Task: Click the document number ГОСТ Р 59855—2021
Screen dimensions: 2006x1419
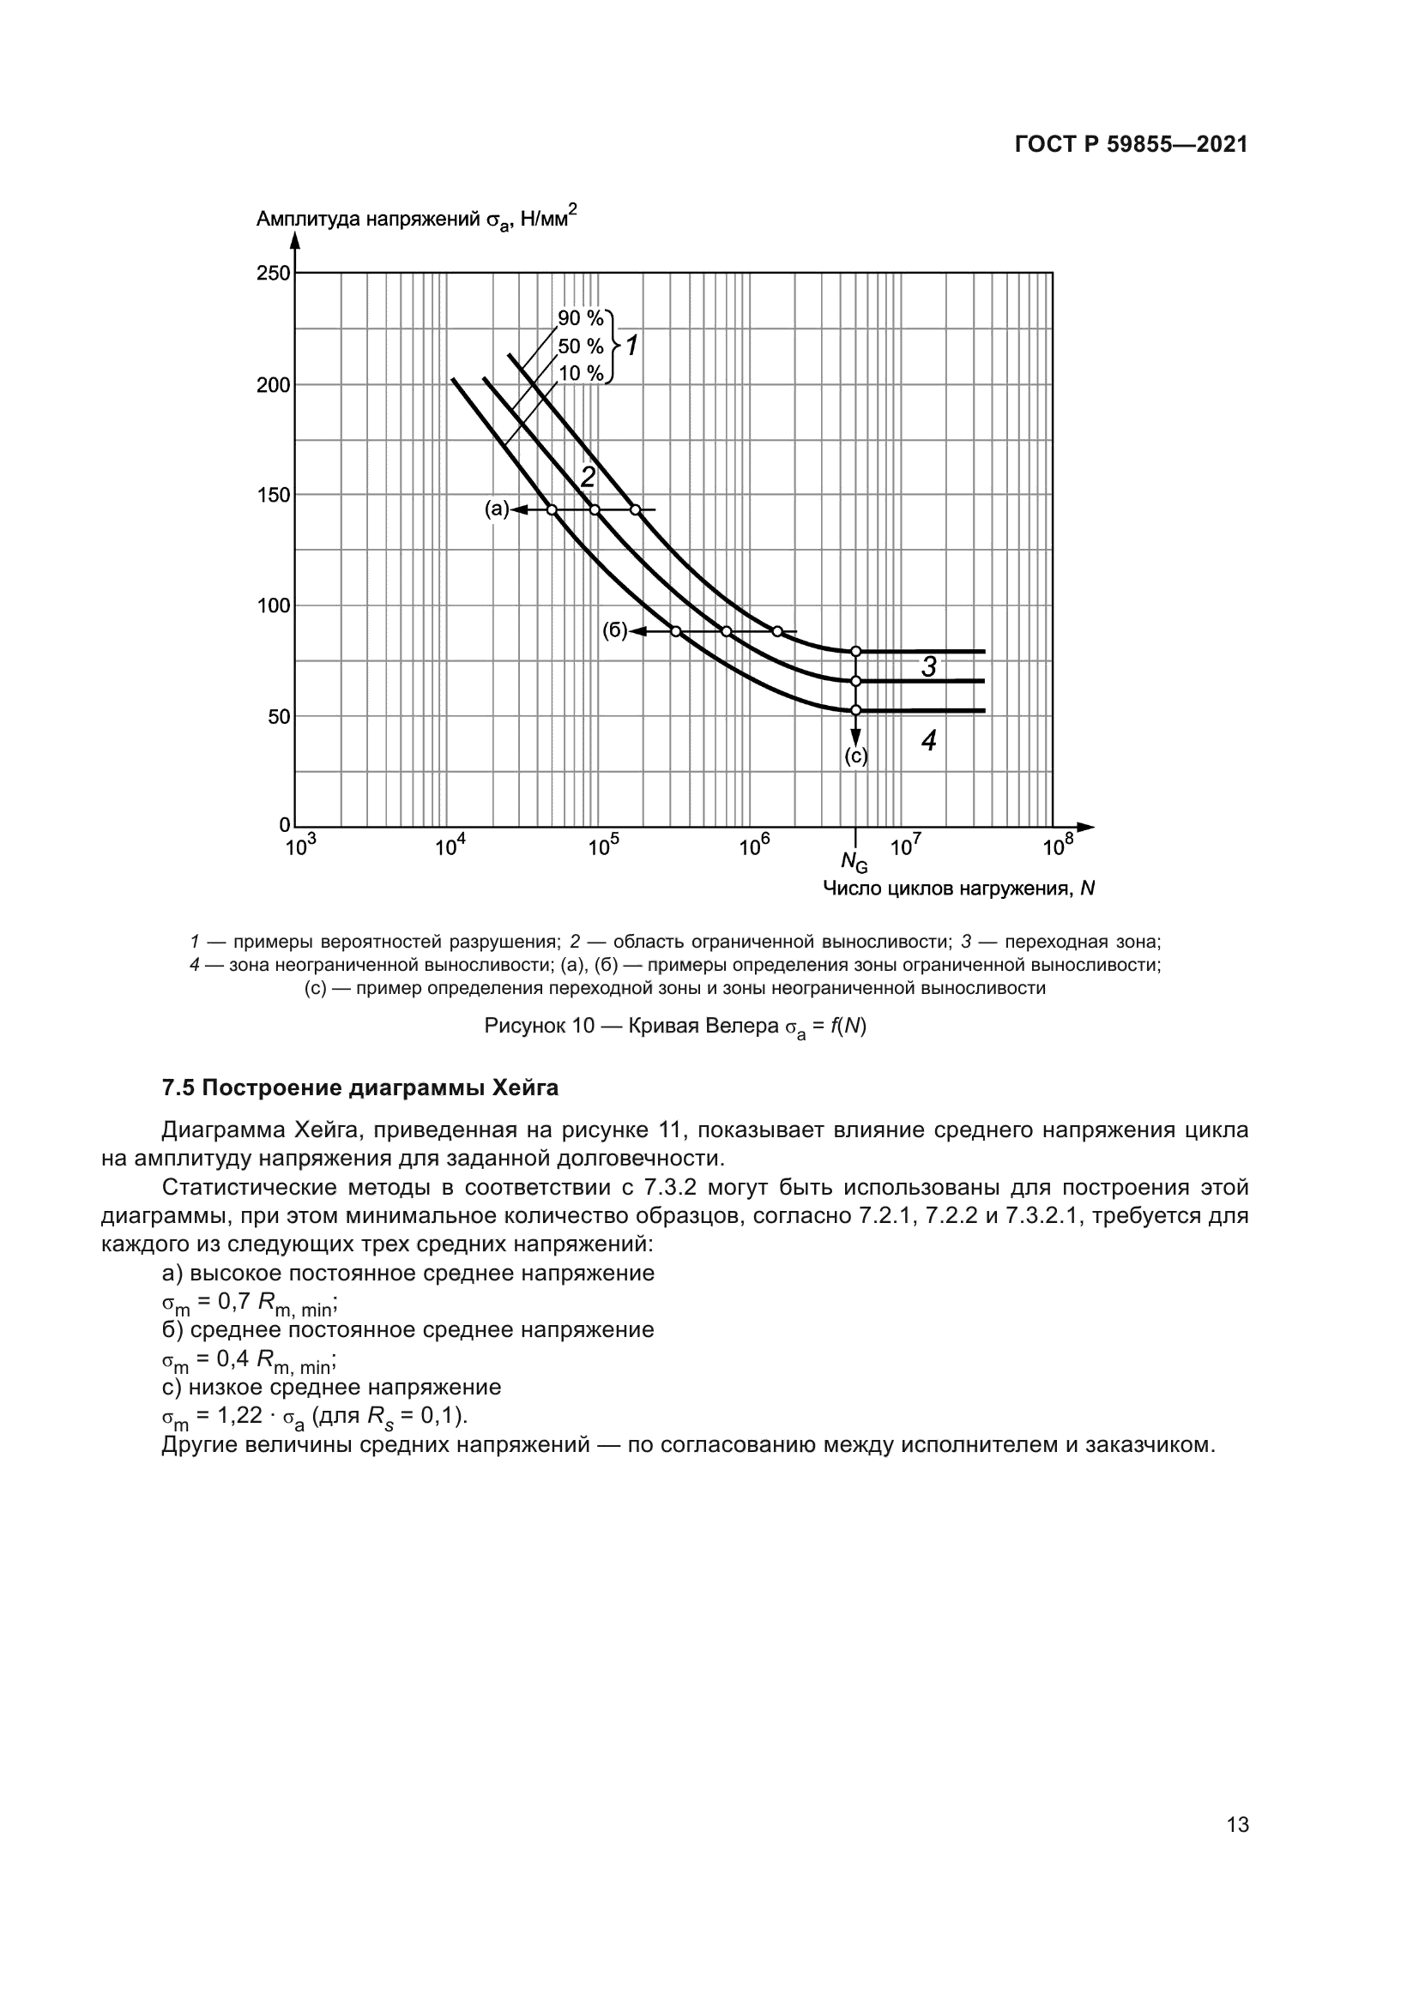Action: [x=1131, y=145]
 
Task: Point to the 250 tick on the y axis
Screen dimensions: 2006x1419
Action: [x=274, y=274]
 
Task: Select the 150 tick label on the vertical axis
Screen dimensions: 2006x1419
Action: [x=274, y=496]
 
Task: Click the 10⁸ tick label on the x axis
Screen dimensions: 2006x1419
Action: [x=1057, y=846]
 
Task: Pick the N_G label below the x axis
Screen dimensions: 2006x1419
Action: [x=854, y=862]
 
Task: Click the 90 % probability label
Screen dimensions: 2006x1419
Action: [x=580, y=318]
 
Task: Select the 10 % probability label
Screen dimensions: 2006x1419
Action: [x=580, y=374]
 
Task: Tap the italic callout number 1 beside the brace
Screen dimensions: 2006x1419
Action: [x=631, y=346]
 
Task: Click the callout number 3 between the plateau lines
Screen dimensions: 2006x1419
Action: [x=929, y=667]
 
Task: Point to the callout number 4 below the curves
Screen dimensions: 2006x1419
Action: [x=929, y=741]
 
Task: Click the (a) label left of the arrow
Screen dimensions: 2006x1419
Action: [x=496, y=509]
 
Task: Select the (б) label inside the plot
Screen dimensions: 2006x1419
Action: [x=614, y=631]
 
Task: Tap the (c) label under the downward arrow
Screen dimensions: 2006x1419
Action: [x=855, y=756]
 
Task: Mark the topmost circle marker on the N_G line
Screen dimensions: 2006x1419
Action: [x=855, y=652]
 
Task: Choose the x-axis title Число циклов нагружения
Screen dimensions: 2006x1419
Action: [x=957, y=889]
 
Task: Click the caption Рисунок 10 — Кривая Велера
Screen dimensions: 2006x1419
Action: [x=674, y=1027]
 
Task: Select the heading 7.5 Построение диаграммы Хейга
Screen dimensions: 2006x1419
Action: [x=360, y=1088]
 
